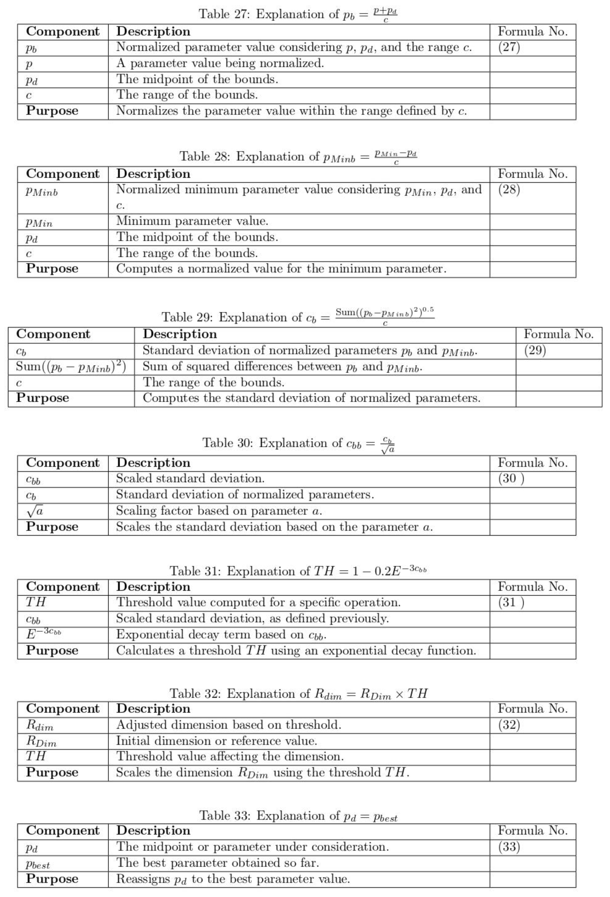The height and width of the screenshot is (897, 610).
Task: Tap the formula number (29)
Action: [x=535, y=350]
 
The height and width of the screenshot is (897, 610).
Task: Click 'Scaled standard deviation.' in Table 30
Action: [x=190, y=479]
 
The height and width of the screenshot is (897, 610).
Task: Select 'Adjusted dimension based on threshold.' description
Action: [x=228, y=725]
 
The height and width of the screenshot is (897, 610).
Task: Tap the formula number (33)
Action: [x=509, y=847]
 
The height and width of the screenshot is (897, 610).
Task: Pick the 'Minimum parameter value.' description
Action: [x=192, y=221]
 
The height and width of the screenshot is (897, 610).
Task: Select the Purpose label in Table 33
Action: [x=52, y=879]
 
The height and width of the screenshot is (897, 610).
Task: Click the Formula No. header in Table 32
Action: [x=532, y=709]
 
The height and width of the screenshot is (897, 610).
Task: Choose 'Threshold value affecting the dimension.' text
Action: [x=230, y=756]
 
